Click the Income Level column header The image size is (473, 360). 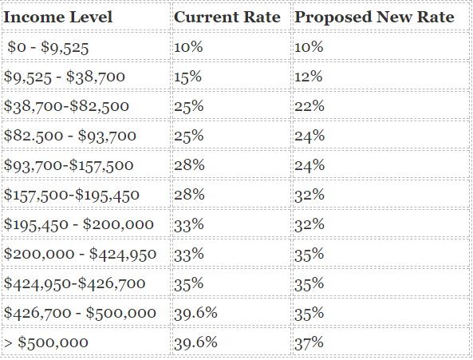(x=58, y=17)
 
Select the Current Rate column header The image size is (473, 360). (x=227, y=17)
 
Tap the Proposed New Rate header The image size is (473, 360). (x=374, y=18)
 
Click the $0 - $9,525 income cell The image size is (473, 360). (x=48, y=47)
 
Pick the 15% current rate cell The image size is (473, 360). (x=187, y=77)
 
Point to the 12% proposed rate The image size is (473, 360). (x=309, y=77)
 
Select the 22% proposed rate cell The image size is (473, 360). (x=309, y=106)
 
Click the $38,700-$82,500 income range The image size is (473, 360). (x=66, y=106)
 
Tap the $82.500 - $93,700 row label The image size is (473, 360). (x=70, y=136)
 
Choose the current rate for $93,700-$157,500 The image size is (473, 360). (x=189, y=165)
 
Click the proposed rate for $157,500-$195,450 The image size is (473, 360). (x=309, y=195)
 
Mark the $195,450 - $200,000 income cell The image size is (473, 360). (x=79, y=224)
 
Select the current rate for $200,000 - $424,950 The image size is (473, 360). (x=188, y=254)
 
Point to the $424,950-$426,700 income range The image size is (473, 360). (x=74, y=283)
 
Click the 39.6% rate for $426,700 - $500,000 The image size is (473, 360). (x=195, y=313)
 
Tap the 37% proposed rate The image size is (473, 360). (x=309, y=342)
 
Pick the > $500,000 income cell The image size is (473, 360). (x=45, y=342)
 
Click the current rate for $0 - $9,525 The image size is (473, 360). (x=188, y=47)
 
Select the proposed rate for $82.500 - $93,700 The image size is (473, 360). (x=309, y=136)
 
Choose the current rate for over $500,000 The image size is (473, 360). (x=195, y=342)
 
